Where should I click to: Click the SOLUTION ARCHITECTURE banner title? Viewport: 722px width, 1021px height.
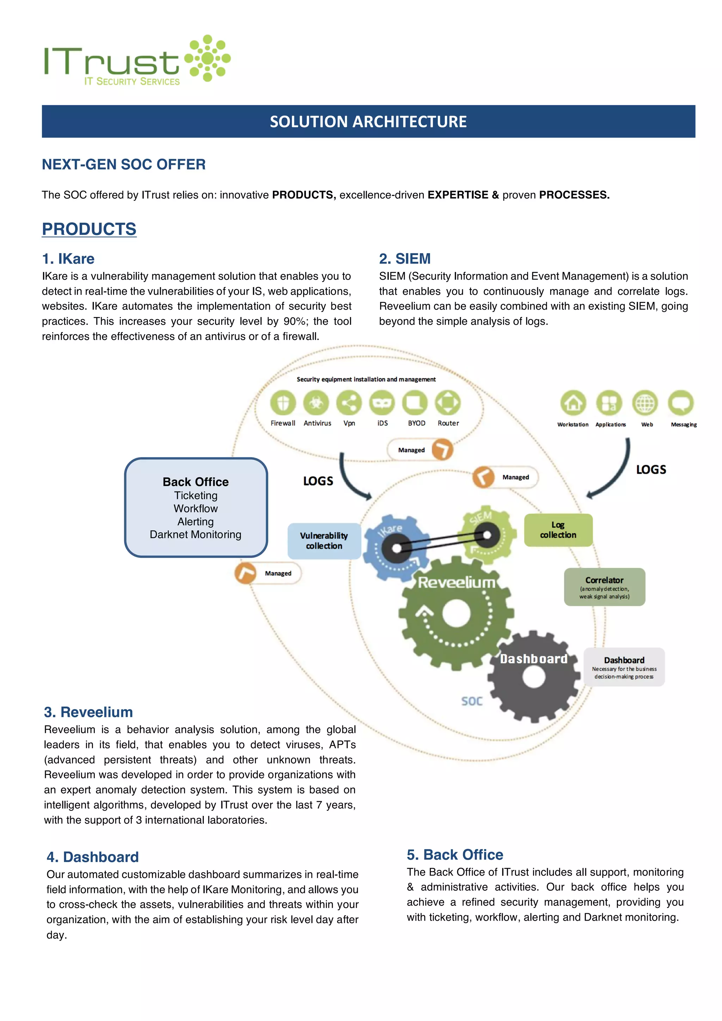pos(368,122)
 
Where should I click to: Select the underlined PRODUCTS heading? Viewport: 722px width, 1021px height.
pos(89,229)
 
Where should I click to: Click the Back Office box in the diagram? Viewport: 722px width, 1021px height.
pos(196,507)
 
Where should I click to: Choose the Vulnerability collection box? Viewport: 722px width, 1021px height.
pos(324,541)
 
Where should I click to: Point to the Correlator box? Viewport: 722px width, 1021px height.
pos(604,587)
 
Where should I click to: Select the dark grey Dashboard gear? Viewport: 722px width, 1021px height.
pos(534,676)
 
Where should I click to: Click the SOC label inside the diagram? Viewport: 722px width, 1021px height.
pos(472,701)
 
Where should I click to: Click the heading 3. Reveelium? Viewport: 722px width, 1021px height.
pos(88,712)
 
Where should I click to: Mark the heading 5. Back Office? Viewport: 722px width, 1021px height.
pos(455,854)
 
